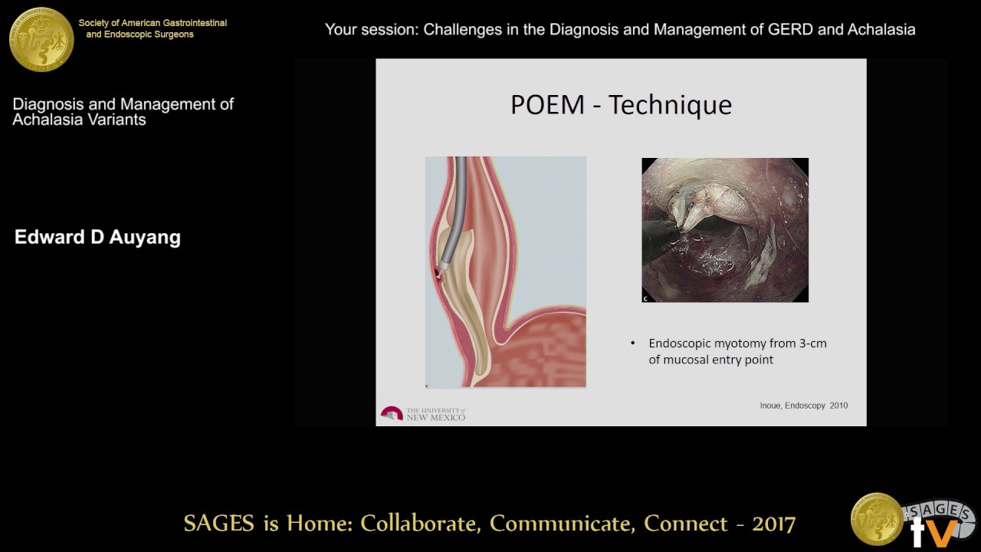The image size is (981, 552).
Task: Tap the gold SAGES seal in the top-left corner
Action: pyautogui.click(x=41, y=38)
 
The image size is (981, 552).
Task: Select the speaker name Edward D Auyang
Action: pyautogui.click(x=97, y=238)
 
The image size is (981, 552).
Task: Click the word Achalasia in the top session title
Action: pyautogui.click(x=881, y=30)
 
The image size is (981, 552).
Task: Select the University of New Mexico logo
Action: pyautogui.click(x=423, y=413)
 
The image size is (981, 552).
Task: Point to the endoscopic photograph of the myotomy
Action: pyautogui.click(x=725, y=230)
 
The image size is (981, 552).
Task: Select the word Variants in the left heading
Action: pyautogui.click(x=115, y=120)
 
